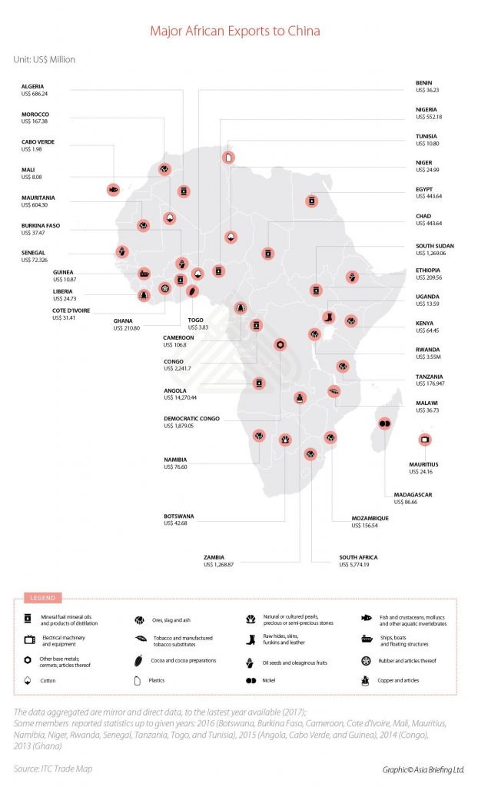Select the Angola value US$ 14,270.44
click(x=181, y=397)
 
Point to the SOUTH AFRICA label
click(x=358, y=556)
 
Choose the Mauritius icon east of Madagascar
click(x=423, y=439)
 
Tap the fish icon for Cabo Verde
click(x=113, y=188)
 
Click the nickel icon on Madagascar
click(x=385, y=423)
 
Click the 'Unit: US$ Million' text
click(x=44, y=59)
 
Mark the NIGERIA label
click(x=427, y=110)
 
